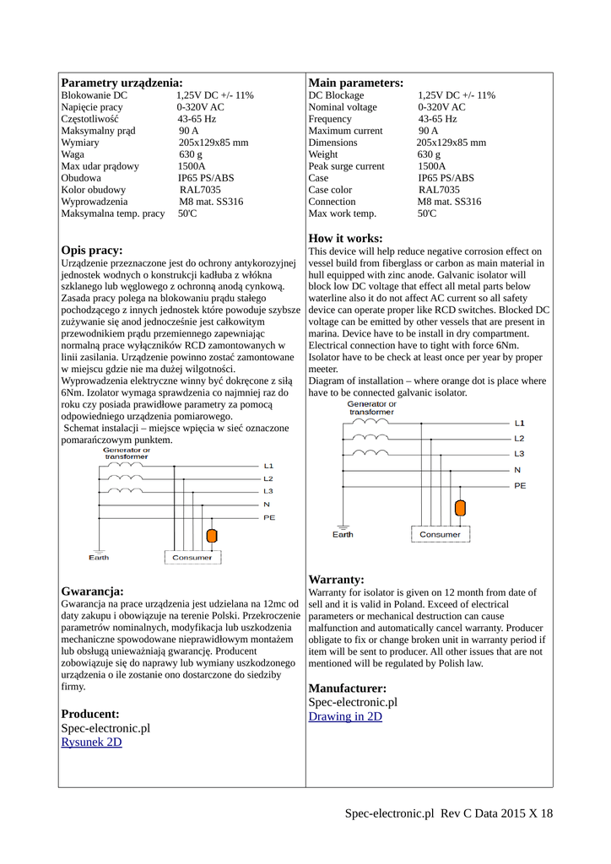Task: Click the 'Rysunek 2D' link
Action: pyautogui.click(x=91, y=742)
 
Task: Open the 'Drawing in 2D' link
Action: pyautogui.click(x=345, y=716)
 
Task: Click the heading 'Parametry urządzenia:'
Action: pyautogui.click(x=122, y=83)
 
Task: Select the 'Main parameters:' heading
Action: pyautogui.click(x=355, y=83)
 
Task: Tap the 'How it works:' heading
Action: pyautogui.click(x=345, y=239)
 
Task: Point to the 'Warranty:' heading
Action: pyautogui.click(x=336, y=580)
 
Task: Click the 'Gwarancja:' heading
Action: pyautogui.click(x=92, y=591)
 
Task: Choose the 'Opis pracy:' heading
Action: pyautogui.click(x=92, y=251)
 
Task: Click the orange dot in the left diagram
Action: pyautogui.click(x=213, y=536)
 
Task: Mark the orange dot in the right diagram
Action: pyautogui.click(x=460, y=508)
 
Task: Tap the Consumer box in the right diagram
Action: pyautogui.click(x=440, y=534)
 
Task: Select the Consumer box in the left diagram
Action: pyautogui.click(x=192, y=558)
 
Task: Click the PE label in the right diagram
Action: pyautogui.click(x=520, y=486)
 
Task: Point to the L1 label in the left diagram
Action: pyautogui.click(x=268, y=466)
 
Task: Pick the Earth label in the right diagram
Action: pyautogui.click(x=343, y=535)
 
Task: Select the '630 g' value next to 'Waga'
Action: pyautogui.click(x=191, y=155)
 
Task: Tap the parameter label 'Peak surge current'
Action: pyautogui.click(x=346, y=167)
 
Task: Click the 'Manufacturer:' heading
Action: pyautogui.click(x=347, y=688)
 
